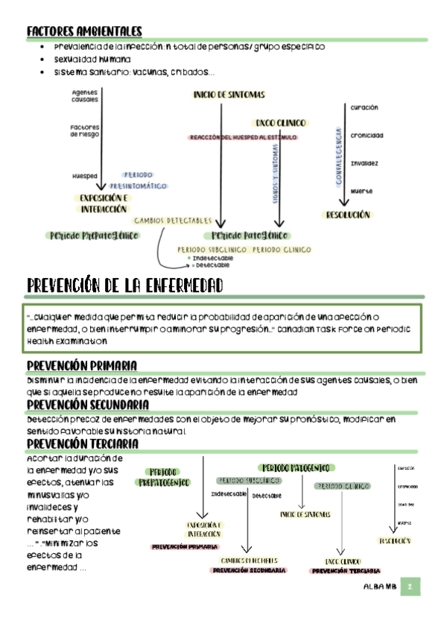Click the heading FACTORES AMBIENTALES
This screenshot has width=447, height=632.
tap(83, 31)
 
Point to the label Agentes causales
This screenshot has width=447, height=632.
tap(84, 95)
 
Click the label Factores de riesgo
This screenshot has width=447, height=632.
tap(84, 130)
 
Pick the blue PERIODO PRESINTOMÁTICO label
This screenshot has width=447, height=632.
tap(139, 180)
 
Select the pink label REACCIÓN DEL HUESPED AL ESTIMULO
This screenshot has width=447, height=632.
tap(243, 138)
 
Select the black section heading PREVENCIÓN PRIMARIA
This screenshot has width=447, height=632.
tap(81, 365)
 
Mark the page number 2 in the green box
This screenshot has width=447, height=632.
tap(410, 587)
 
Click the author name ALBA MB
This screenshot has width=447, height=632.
tap(378, 587)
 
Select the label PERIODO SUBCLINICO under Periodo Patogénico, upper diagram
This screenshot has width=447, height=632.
tap(212, 250)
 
